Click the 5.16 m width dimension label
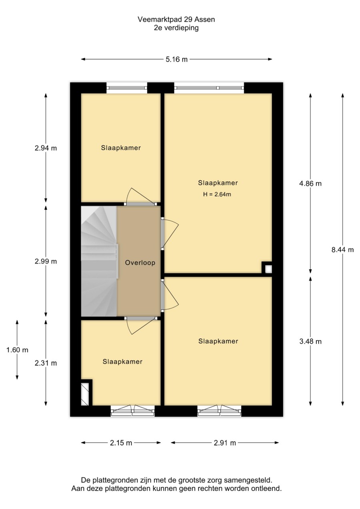tap(176, 60)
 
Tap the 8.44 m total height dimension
tap(342, 250)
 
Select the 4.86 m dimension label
tap(310, 183)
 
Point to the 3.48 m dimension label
tap(310, 341)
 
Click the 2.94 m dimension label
tap(46, 148)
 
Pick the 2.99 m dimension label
tap(46, 262)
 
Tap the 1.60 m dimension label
tap(17, 350)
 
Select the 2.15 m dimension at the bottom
tap(121, 443)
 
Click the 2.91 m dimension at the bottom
tap(225, 443)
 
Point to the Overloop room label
tap(140, 263)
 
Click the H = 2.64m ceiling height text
tap(217, 194)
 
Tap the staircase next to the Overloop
tap(99, 261)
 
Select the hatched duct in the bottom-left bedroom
tap(85, 394)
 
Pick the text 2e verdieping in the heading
tap(176, 28)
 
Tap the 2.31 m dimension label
tap(46, 363)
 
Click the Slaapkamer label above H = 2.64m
tap(218, 183)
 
